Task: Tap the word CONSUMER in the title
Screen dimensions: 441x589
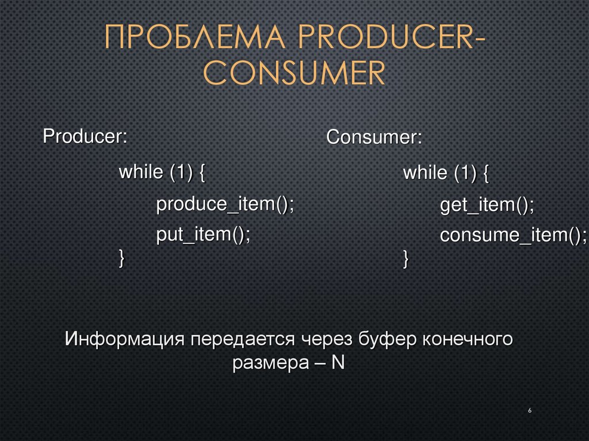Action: click(x=294, y=73)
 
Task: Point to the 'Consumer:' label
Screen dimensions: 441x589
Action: click(x=374, y=138)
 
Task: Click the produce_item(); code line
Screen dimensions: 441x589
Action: click(x=225, y=204)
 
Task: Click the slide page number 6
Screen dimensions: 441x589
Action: click(x=529, y=411)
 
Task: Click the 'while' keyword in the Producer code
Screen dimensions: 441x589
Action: click(x=137, y=172)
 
